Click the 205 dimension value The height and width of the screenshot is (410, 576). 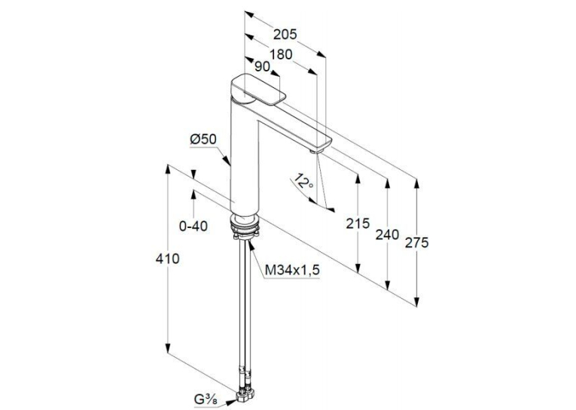tap(285, 35)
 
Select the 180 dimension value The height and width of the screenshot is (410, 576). tap(281, 54)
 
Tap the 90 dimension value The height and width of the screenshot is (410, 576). tap(262, 66)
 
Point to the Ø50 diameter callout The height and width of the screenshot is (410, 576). tap(203, 139)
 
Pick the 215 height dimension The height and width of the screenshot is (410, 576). tap(358, 223)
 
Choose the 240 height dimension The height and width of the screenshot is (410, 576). tap(387, 234)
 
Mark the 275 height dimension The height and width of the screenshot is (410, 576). tap(416, 243)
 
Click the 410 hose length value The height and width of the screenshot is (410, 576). tap(167, 259)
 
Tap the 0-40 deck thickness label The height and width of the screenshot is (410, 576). tap(194, 226)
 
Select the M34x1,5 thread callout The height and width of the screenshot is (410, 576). tap(292, 271)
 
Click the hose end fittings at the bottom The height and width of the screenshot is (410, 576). tap(245, 397)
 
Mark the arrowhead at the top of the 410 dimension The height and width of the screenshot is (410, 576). tap(167, 170)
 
